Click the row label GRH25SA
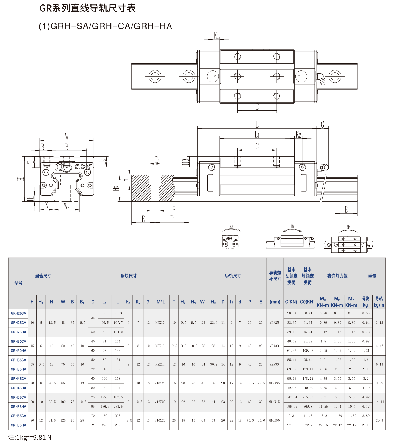point(18,313)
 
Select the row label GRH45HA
point(18,388)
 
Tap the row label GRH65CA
point(18,416)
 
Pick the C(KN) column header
point(291,302)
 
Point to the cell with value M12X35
point(274,383)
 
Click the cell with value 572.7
point(307,425)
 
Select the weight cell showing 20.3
point(379,420)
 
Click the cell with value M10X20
point(160,383)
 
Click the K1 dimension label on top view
point(216,35)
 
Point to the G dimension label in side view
point(322,124)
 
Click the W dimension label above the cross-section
point(67,136)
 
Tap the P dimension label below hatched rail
point(172,219)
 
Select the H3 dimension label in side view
point(186,161)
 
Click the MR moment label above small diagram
point(231,226)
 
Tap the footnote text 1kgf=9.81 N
point(30,438)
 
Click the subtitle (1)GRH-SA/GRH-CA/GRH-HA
point(105,26)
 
